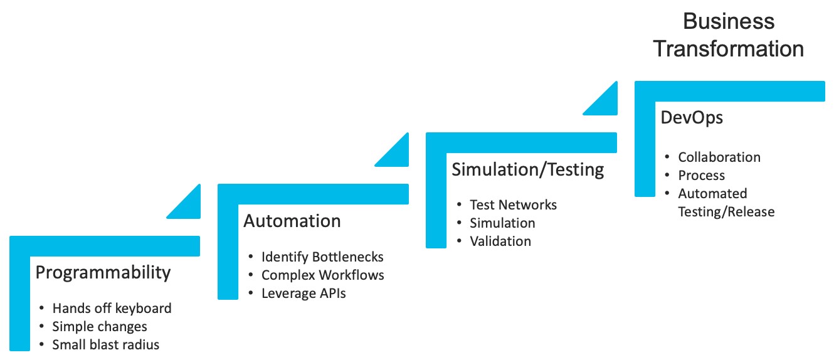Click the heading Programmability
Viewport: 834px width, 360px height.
[103, 273]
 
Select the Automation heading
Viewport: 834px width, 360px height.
[292, 221]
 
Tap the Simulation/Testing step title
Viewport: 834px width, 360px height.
[527, 170]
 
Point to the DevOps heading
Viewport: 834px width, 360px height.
[692, 118]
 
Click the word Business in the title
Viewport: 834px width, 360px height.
[729, 21]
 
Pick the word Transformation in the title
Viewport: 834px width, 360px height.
[729, 49]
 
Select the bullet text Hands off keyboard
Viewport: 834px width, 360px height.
[112, 308]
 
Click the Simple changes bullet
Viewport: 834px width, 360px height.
[100, 327]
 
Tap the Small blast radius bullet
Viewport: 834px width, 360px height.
[106, 345]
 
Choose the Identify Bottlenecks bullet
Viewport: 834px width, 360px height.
[322, 257]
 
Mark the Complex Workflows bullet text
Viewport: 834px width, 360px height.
[323, 275]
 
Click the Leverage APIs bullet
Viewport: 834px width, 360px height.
[304, 294]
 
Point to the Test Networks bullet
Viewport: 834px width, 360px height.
[513, 204]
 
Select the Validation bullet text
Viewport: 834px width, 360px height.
[500, 241]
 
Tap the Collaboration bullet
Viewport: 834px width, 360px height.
[719, 157]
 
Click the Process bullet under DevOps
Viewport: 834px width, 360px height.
[702, 176]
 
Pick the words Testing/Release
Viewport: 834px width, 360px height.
[726, 212]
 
